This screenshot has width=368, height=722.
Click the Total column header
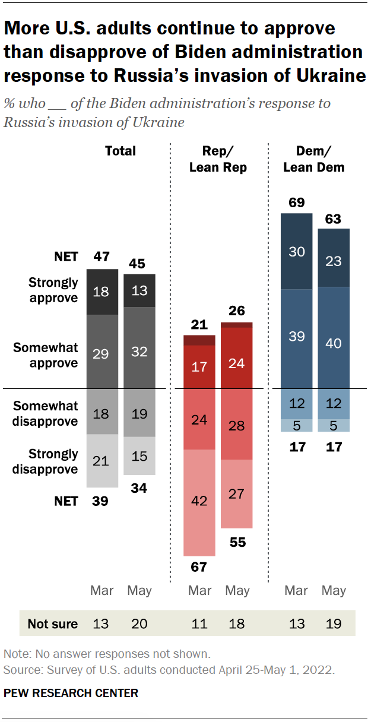[x=120, y=151]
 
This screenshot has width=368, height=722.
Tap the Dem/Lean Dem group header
[x=314, y=159]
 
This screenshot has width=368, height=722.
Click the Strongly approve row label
[x=53, y=290]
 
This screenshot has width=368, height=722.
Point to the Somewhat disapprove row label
[x=46, y=414]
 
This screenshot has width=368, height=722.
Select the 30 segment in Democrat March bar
[x=296, y=252]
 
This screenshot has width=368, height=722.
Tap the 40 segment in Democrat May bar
[x=334, y=344]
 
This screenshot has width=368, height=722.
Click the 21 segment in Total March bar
[x=101, y=461]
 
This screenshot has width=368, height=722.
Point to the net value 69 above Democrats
[x=296, y=202]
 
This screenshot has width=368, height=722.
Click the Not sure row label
[x=53, y=623]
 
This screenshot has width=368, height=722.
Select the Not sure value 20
[x=139, y=623]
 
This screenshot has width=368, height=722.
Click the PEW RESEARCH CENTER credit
[x=71, y=693]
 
